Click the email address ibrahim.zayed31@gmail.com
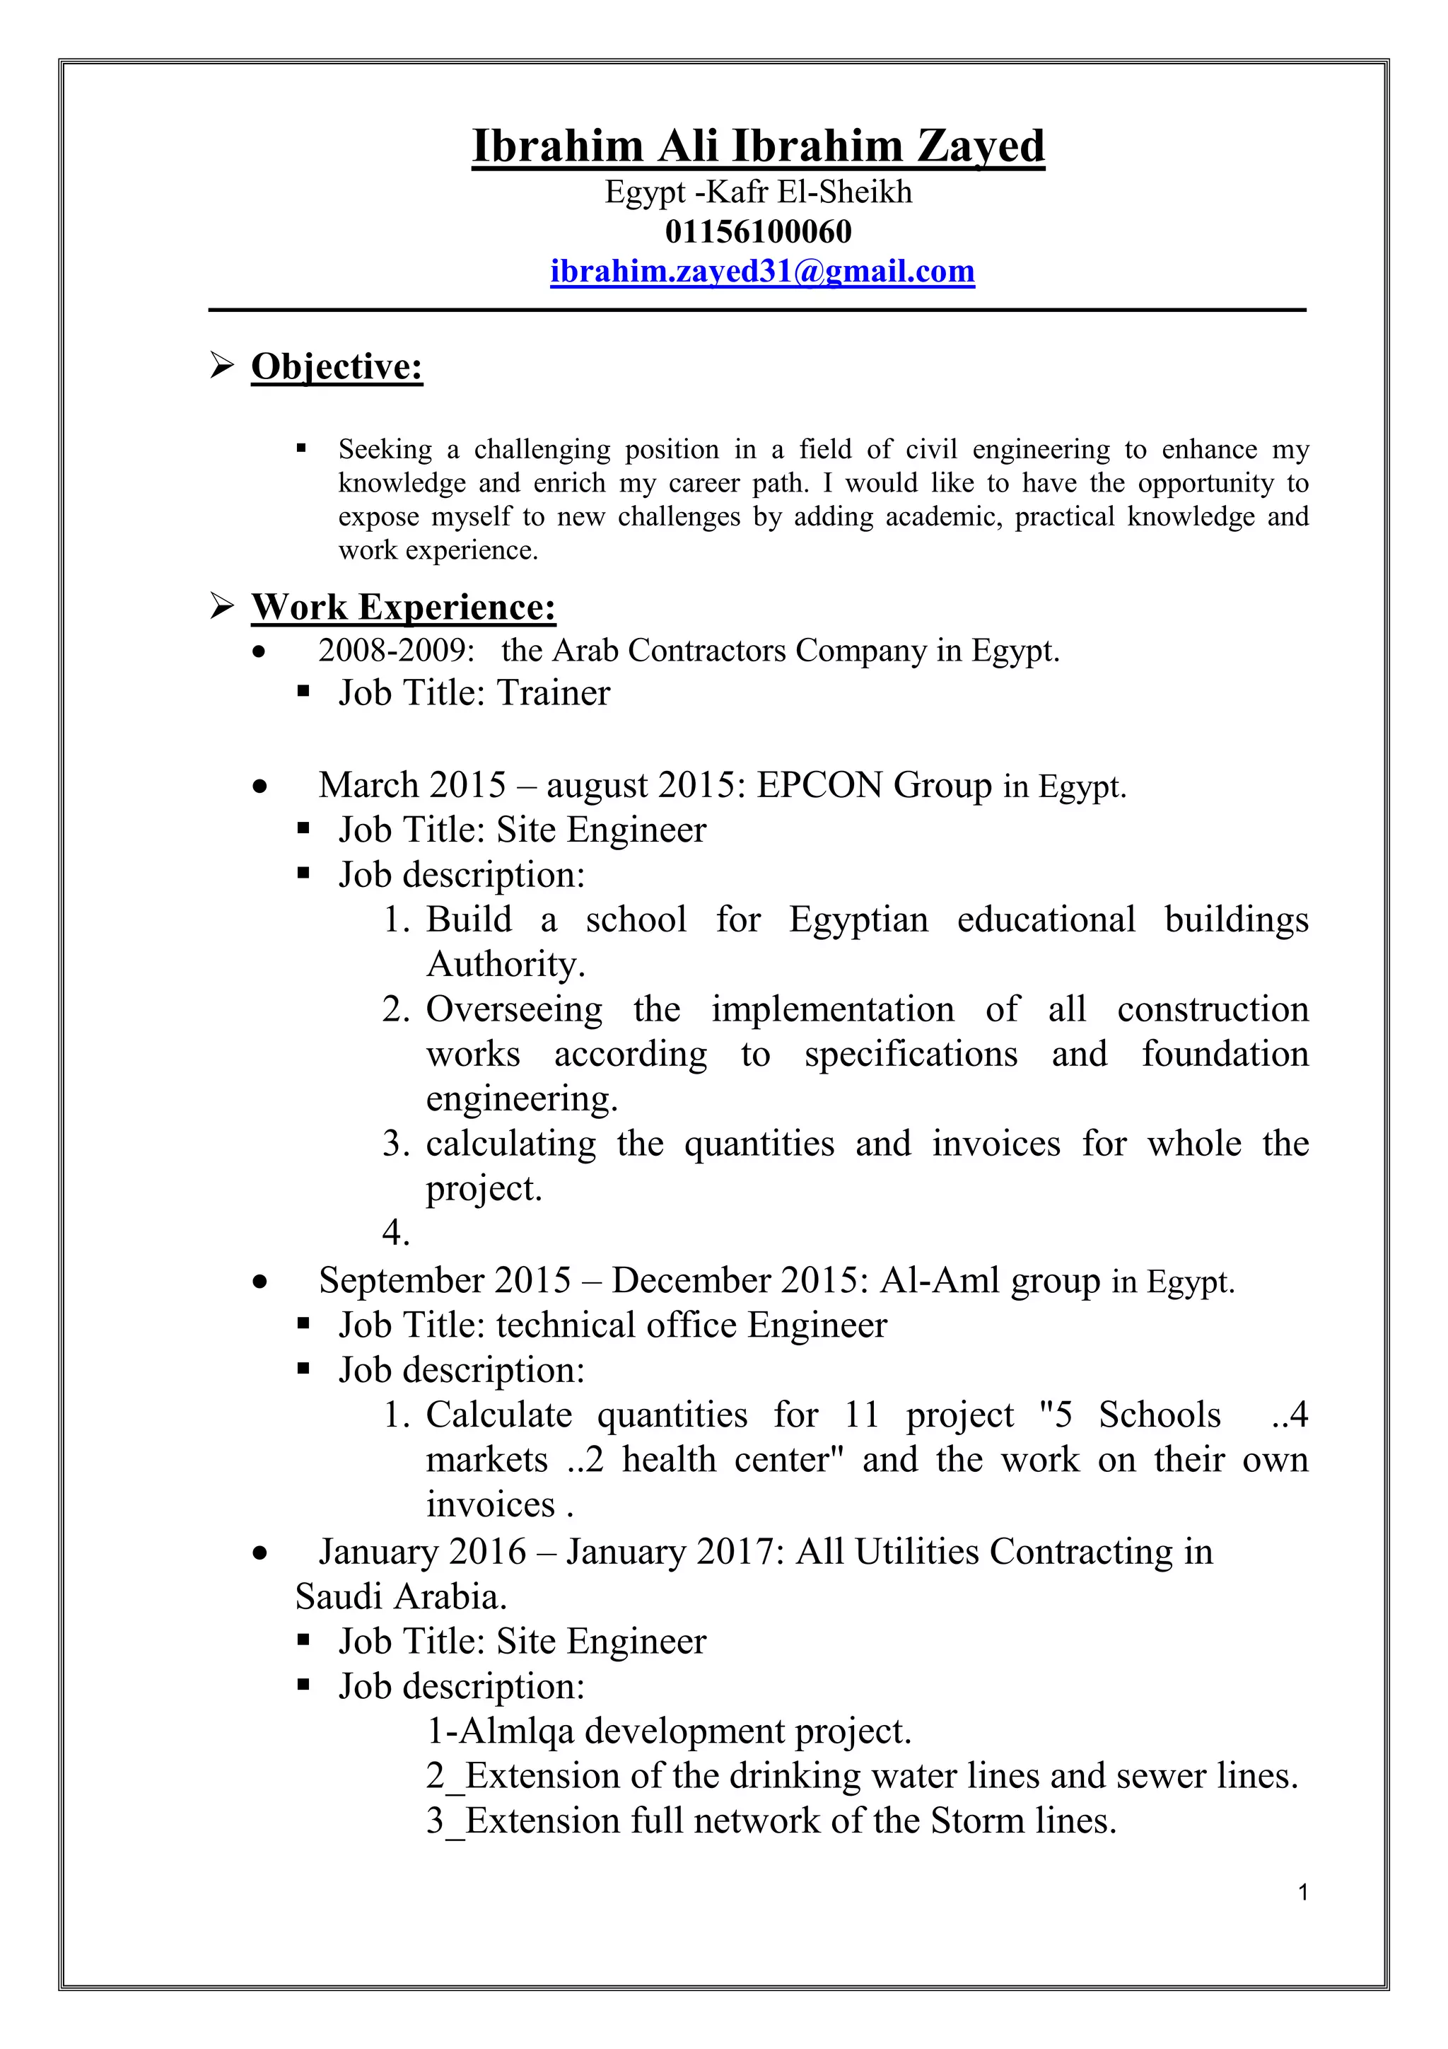click(762, 272)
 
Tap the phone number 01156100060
click(759, 232)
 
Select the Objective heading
click(337, 367)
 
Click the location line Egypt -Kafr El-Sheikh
click(759, 192)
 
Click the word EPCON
click(820, 785)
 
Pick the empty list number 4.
click(395, 1234)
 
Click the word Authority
click(504, 965)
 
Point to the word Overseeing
click(514, 1009)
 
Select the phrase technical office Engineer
click(691, 1325)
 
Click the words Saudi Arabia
click(401, 1596)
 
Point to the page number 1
click(1304, 1893)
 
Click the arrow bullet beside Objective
click(222, 366)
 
